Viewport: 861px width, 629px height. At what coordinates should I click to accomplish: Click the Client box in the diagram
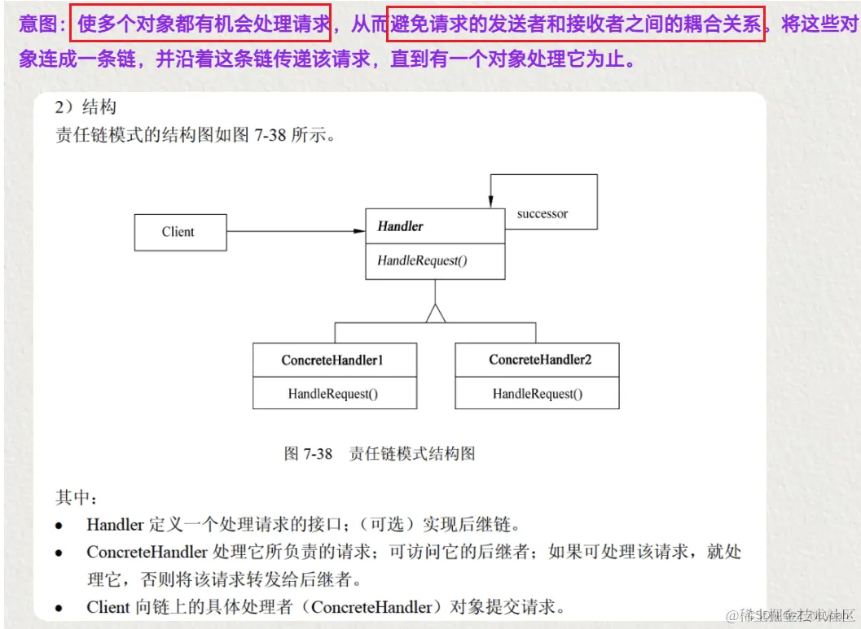click(x=178, y=232)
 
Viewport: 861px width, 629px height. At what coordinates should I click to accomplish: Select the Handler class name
click(x=400, y=226)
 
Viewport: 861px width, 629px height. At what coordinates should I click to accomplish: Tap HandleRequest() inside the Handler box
click(x=422, y=261)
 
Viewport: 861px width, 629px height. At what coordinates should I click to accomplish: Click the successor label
click(x=542, y=214)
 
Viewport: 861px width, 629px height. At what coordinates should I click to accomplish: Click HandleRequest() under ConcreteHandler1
click(x=332, y=394)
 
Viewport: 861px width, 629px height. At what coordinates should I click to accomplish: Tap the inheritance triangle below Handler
click(x=436, y=312)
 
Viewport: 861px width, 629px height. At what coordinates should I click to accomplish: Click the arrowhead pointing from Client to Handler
click(x=358, y=231)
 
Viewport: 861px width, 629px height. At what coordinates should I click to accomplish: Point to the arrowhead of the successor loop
click(x=490, y=202)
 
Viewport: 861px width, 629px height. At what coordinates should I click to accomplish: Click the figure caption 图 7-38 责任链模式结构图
click(x=379, y=453)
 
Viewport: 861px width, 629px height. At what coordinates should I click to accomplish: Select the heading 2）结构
click(x=86, y=107)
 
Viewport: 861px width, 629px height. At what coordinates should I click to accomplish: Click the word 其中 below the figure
click(x=75, y=496)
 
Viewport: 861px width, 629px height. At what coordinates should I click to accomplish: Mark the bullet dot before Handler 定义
click(x=59, y=526)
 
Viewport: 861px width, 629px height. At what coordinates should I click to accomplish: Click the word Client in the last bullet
click(x=108, y=607)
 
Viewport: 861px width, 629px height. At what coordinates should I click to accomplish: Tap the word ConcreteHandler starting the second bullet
click(x=147, y=553)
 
